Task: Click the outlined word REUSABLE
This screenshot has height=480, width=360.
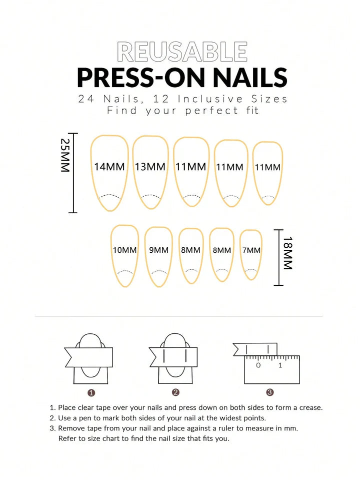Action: tap(182, 52)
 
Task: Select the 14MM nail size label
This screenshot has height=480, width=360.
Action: tap(109, 167)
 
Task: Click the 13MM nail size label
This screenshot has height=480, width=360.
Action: tap(150, 167)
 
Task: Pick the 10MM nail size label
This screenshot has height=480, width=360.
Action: tap(124, 250)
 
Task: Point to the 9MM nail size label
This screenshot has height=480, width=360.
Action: tap(158, 250)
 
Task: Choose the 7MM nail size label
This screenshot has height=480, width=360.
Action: tap(251, 250)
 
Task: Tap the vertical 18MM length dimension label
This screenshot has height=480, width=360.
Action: tap(287, 253)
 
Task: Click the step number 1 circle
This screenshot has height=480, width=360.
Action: tap(91, 392)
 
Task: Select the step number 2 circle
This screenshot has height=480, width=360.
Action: tap(175, 392)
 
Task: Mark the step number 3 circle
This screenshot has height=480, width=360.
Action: tap(269, 392)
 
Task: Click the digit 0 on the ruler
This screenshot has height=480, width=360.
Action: tap(258, 365)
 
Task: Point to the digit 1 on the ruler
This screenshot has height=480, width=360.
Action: tap(280, 365)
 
